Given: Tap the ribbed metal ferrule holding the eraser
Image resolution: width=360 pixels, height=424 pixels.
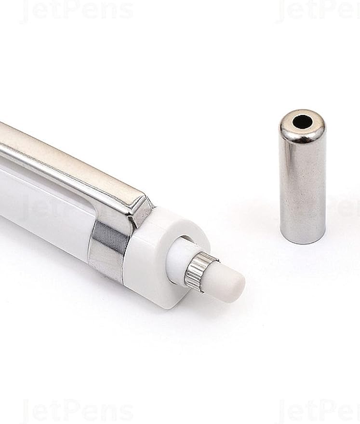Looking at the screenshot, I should click(x=198, y=271).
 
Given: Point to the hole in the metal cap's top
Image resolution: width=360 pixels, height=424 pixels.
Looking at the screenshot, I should click(x=302, y=122).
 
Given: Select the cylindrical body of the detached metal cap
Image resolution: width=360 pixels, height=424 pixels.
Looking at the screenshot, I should click(x=303, y=188).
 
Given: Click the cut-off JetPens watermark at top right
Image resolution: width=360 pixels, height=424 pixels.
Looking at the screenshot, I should click(x=318, y=11).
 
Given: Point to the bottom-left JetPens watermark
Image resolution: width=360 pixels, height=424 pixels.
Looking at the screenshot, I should click(x=77, y=411).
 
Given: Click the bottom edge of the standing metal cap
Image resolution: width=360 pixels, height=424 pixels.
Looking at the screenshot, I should click(x=303, y=240).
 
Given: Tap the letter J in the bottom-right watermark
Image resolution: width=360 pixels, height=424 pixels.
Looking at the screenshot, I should click(x=284, y=411).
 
